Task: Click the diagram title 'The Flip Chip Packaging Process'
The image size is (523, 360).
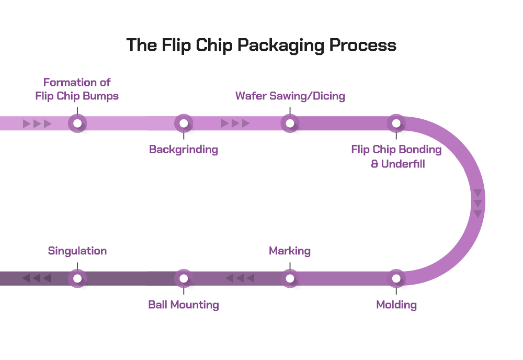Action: click(x=261, y=46)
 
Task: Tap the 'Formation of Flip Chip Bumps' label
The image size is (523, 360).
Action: click(x=77, y=89)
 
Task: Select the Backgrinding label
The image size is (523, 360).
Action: click(x=184, y=150)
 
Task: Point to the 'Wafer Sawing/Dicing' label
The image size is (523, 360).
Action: click(x=290, y=96)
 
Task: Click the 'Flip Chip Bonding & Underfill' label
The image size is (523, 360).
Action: click(x=396, y=156)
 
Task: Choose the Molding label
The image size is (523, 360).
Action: click(x=396, y=305)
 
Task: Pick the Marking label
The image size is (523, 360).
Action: click(x=290, y=251)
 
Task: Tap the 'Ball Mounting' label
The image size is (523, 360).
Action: click(x=184, y=305)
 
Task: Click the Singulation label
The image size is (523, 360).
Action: click(x=77, y=251)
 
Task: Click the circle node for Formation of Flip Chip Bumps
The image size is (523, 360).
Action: click(x=77, y=123)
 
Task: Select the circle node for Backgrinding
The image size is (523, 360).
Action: click(x=184, y=123)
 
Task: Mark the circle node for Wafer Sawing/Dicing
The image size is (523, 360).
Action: click(x=290, y=123)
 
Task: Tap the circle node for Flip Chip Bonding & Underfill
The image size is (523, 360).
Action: click(x=396, y=123)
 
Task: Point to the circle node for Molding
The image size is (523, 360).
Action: click(x=396, y=278)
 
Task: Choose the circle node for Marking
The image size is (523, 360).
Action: click(x=290, y=278)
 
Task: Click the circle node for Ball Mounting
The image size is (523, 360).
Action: click(x=184, y=278)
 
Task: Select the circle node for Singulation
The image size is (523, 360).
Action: click(x=77, y=278)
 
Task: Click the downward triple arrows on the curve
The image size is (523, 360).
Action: click(x=477, y=204)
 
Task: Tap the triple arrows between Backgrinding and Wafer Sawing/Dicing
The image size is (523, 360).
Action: click(x=235, y=123)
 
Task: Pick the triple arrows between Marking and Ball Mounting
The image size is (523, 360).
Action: click(x=240, y=278)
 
